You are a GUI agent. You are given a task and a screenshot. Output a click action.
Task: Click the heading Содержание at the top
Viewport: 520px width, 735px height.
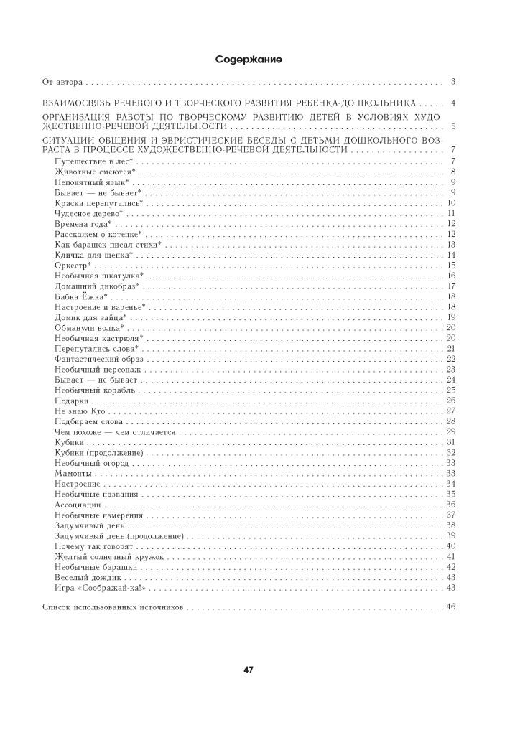(248, 59)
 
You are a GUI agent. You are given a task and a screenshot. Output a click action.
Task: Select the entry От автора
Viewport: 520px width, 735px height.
(62, 82)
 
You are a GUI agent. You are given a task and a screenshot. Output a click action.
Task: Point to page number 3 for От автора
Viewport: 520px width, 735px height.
(453, 82)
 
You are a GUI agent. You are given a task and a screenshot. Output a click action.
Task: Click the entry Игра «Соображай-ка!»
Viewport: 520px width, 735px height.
(100, 588)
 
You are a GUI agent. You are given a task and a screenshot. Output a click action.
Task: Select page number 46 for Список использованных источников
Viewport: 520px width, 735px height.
(451, 607)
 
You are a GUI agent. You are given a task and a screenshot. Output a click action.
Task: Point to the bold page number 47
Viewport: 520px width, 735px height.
(248, 670)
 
